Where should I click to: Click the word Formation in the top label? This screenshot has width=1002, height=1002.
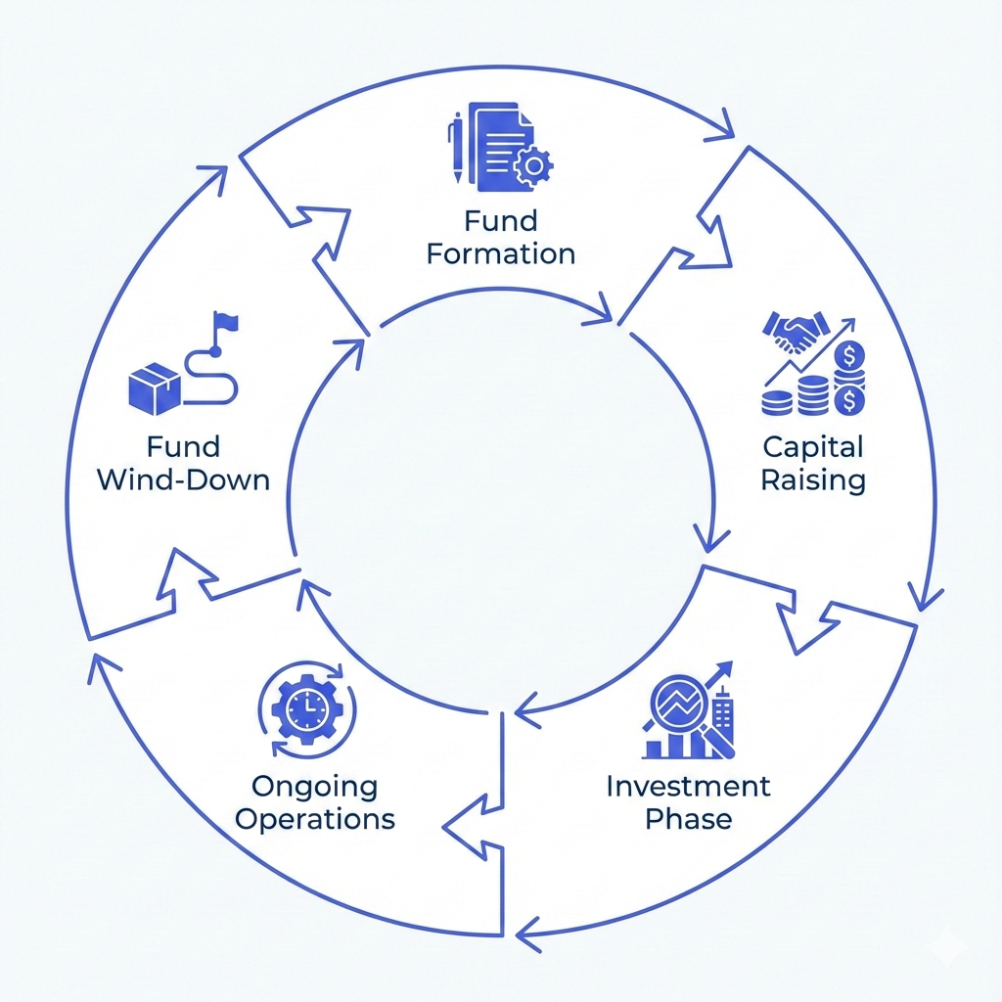pos(501,254)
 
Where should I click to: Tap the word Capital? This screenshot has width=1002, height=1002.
pos(812,449)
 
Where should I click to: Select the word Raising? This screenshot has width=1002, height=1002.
pos(813,481)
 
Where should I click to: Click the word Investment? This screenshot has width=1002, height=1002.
pos(688,786)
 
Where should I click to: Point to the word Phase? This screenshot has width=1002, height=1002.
pos(688,818)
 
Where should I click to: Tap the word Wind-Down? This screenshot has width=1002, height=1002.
pos(184,480)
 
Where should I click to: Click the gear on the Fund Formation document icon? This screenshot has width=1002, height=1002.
pos(532,165)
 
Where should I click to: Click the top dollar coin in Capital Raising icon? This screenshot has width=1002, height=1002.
pos(850,353)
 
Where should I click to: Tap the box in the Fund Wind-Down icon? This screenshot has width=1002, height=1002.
pos(155,388)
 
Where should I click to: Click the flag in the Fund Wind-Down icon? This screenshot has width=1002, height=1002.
pos(227,322)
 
